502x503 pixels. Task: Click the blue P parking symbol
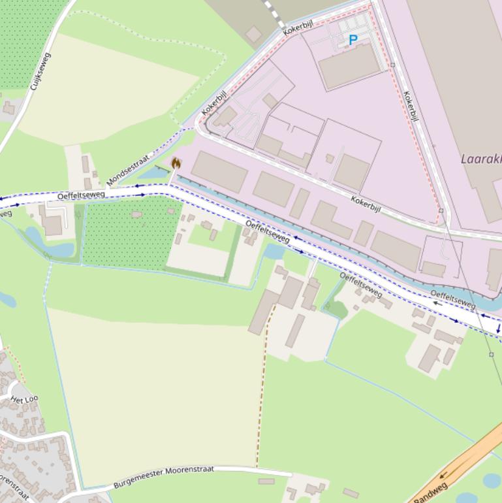[x=353, y=40]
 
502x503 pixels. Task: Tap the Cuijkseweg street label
[x=40, y=71]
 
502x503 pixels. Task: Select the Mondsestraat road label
[x=128, y=169]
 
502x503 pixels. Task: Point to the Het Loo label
[x=24, y=399]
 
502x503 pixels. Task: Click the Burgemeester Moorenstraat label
[x=163, y=477]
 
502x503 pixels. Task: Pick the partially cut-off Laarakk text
[x=480, y=159]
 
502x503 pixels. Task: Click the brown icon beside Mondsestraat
[x=176, y=163]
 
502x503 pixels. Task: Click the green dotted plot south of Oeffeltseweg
[x=124, y=232]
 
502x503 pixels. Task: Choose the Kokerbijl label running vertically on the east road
[x=411, y=106]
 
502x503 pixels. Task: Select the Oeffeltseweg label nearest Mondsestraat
[x=81, y=195]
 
